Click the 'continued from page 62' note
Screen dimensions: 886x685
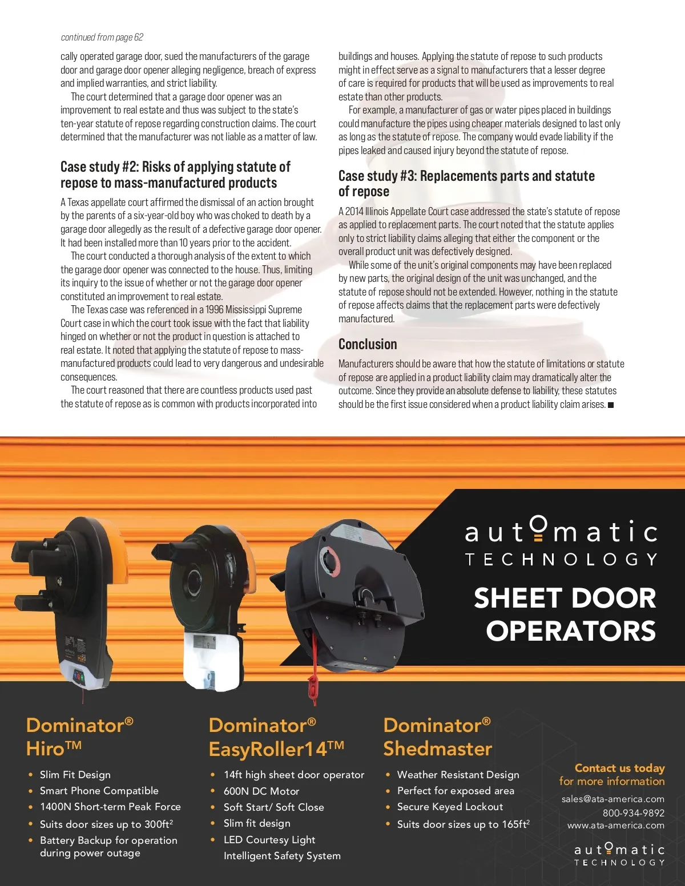pos(102,38)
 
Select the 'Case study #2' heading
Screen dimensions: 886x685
pos(175,175)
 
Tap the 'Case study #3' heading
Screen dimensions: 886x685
pos(466,183)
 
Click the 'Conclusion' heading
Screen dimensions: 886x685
pos(368,344)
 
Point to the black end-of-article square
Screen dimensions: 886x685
pos(611,405)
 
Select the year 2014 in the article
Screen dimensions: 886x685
pos(354,212)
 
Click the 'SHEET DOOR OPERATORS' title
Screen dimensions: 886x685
pos(565,614)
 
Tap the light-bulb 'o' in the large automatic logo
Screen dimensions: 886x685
pos(538,529)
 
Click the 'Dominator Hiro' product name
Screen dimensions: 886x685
pos(79,737)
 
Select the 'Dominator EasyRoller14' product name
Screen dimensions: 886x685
pos(276,737)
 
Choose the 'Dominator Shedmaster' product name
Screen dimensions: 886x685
pos(437,737)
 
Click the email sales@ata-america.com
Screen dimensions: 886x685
pos(613,799)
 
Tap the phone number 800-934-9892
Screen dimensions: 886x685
pos(634,812)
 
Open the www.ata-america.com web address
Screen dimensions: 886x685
pos(616,825)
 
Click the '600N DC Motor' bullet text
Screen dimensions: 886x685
pos(261,791)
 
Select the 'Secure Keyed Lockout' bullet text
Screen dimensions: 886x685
pos(450,807)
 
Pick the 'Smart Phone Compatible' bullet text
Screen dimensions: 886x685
pos(99,791)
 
